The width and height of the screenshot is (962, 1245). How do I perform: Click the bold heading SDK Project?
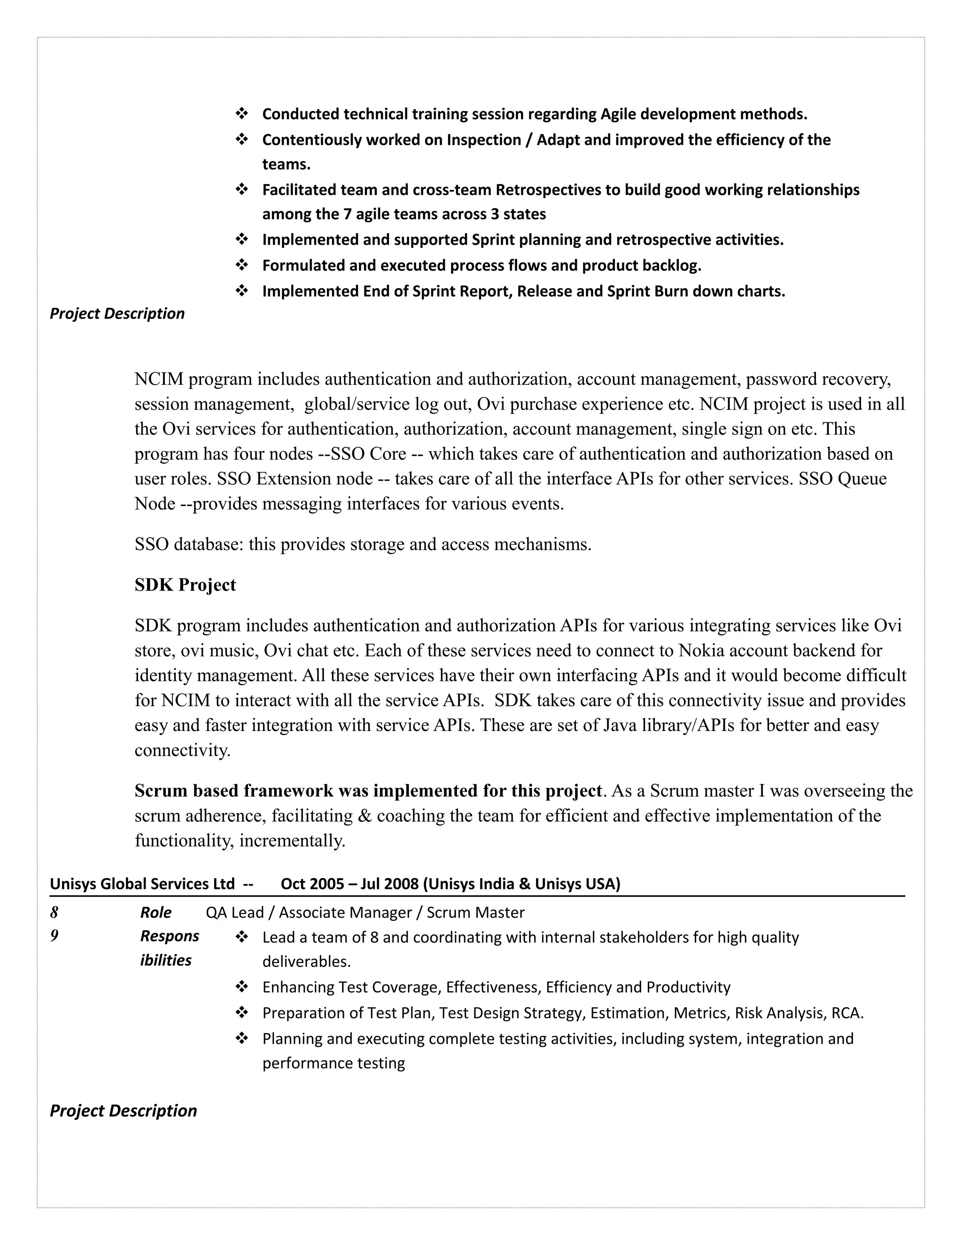click(x=185, y=585)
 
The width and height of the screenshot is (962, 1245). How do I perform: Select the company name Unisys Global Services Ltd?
click(x=142, y=884)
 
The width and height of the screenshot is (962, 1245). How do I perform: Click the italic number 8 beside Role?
click(x=54, y=913)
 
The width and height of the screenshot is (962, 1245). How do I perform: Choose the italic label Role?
click(x=155, y=913)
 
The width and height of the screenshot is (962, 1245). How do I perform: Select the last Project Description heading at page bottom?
click(x=123, y=1111)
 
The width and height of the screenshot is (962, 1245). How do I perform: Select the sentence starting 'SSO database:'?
click(x=363, y=545)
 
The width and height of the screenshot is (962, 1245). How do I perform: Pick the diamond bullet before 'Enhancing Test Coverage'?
click(x=241, y=987)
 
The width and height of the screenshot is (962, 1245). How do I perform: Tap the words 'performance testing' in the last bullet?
click(x=334, y=1063)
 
